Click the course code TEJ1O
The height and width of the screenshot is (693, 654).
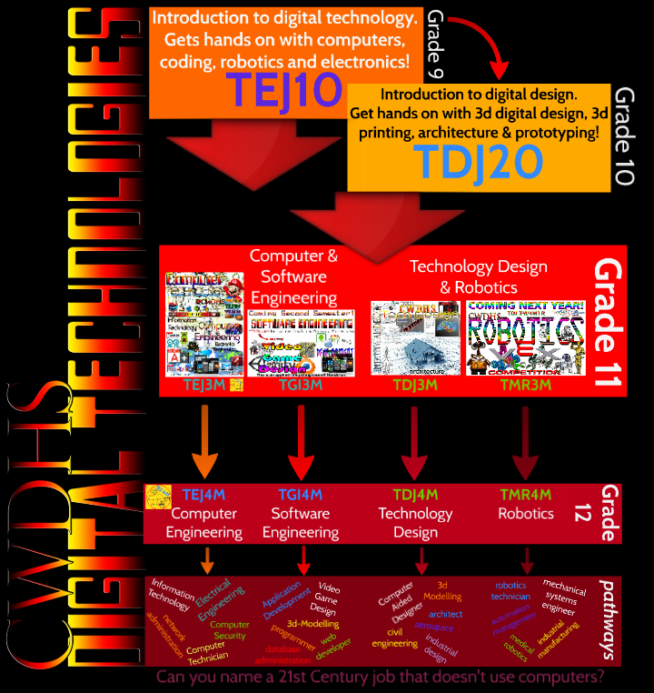click(x=283, y=90)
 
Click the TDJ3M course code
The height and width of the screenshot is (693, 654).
click(x=414, y=385)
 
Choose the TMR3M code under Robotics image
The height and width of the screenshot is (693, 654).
click(x=523, y=385)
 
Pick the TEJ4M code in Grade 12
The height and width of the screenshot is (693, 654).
click(x=203, y=495)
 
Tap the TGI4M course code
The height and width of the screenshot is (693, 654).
click(x=300, y=495)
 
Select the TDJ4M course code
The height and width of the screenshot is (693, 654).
click(x=415, y=495)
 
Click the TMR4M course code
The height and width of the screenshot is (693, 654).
click(x=525, y=495)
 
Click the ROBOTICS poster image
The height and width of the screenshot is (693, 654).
click(x=524, y=337)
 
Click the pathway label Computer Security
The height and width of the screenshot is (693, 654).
click(x=229, y=630)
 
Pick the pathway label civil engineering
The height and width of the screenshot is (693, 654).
click(x=389, y=638)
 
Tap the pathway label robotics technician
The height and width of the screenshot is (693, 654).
click(x=511, y=591)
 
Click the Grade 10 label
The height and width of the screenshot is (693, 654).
click(x=624, y=136)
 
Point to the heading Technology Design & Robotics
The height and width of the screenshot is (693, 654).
click(x=478, y=276)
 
